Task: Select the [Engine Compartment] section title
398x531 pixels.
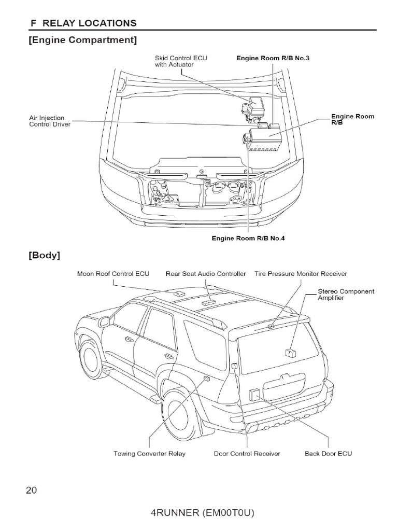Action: [83, 40]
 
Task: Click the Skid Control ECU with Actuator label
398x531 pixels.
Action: [181, 61]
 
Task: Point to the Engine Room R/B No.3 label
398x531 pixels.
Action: [273, 58]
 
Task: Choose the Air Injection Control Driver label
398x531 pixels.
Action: [50, 121]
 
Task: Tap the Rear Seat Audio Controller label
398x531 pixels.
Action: [206, 273]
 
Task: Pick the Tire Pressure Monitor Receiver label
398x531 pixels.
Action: [301, 273]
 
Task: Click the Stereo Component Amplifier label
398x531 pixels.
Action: [346, 295]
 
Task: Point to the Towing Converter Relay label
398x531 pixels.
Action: [149, 454]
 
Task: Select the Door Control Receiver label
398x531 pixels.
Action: [247, 454]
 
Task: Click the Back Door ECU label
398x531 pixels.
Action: [328, 454]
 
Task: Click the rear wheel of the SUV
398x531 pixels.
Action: [179, 415]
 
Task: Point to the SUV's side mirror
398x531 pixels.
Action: [104, 322]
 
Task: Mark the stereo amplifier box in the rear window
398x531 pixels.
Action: [289, 353]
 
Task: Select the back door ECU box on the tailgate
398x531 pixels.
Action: [254, 395]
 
